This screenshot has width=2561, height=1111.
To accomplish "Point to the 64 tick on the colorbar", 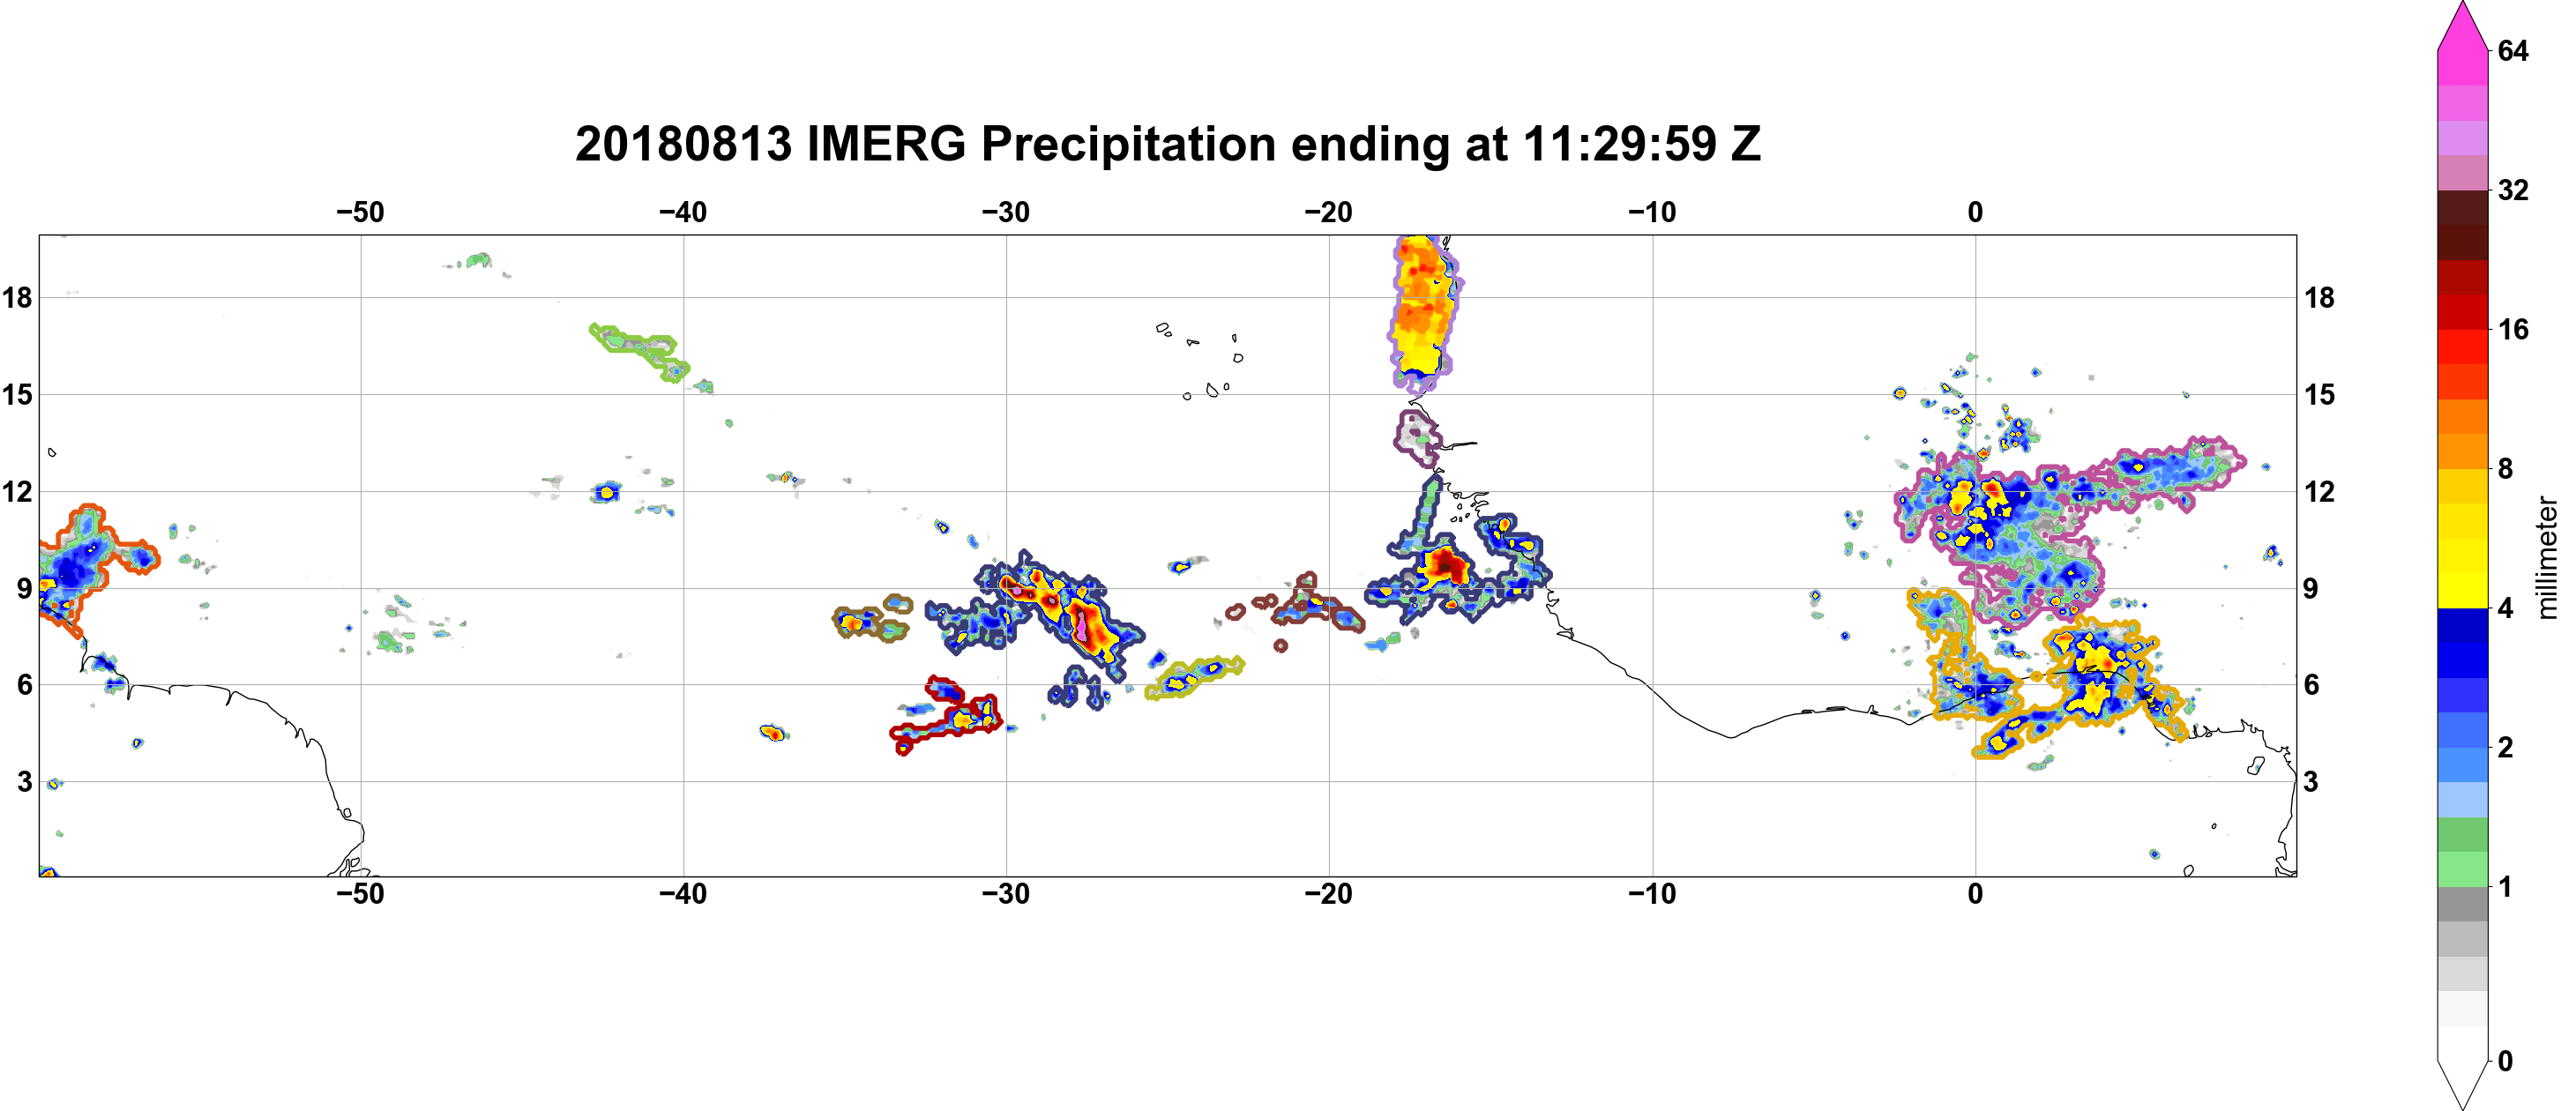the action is click(x=2512, y=50).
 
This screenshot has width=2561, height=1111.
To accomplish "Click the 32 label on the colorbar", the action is click(x=2512, y=190).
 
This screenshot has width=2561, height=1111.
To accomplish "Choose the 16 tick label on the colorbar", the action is click(x=2512, y=329).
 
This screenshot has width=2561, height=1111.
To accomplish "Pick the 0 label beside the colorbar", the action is click(x=2505, y=1062).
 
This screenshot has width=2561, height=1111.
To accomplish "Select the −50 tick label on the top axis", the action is click(x=360, y=213).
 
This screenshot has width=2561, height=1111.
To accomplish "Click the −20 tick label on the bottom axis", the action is click(x=1329, y=894).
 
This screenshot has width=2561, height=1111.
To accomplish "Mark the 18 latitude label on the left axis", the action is click(x=18, y=297).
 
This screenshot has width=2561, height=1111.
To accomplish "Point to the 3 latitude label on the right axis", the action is click(x=2311, y=782).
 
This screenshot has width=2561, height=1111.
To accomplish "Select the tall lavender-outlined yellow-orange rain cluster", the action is click(x=1424, y=311).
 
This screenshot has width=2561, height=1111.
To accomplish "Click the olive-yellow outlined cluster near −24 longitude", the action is click(x=1194, y=676).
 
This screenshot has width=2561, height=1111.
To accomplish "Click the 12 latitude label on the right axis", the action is click(x=2319, y=492).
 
